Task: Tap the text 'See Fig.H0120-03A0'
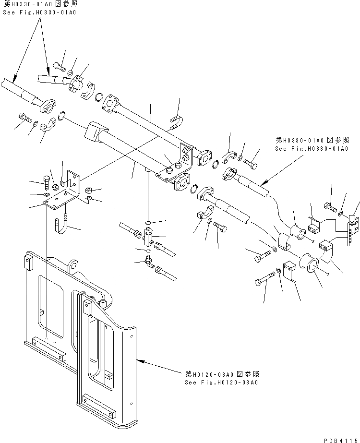[x=221, y=382]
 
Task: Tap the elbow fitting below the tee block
[x=150, y=262]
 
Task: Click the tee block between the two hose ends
[x=149, y=235]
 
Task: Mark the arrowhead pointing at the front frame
[x=138, y=358]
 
